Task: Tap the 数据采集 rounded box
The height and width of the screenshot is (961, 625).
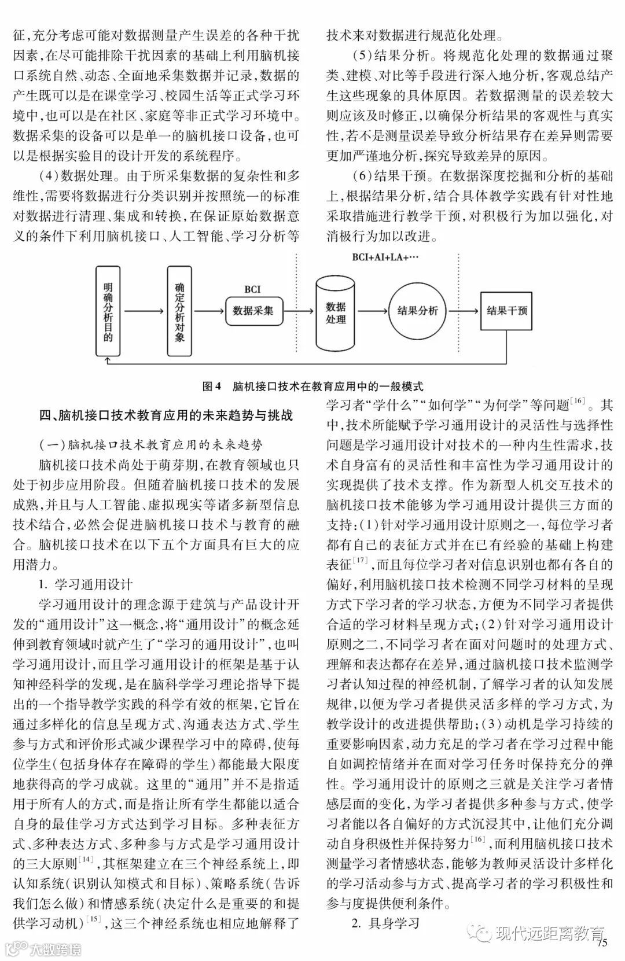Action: pyautogui.click(x=253, y=311)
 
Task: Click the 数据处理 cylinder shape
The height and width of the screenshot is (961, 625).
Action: pyautogui.click(x=336, y=314)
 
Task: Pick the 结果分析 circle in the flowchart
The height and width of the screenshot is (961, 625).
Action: pyautogui.click(x=417, y=311)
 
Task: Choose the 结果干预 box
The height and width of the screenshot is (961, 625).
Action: pyautogui.click(x=507, y=311)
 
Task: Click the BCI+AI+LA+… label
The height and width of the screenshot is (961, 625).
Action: pyautogui.click(x=385, y=258)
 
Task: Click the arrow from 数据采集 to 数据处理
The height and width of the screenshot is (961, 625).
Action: pyautogui.click(x=297, y=311)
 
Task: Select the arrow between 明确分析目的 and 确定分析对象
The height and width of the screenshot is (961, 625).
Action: pyautogui.click(x=144, y=311)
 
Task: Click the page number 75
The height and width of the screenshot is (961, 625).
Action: pyautogui.click(x=602, y=943)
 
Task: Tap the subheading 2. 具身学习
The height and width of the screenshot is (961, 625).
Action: pyautogui.click(x=385, y=923)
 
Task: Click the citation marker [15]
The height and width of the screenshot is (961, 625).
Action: pyautogui.click(x=93, y=919)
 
